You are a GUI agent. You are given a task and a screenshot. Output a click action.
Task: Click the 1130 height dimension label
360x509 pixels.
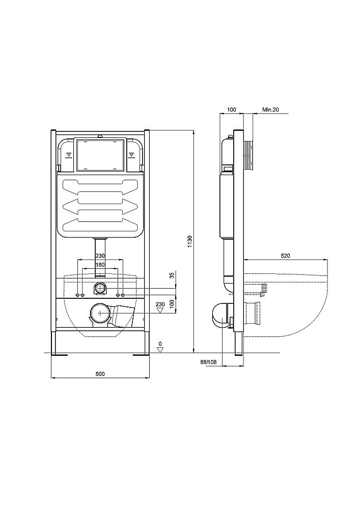coord(190,242)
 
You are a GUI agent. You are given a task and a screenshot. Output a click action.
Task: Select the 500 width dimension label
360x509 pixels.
coord(100,374)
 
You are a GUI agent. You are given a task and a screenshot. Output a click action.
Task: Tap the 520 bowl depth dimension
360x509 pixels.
coord(285,256)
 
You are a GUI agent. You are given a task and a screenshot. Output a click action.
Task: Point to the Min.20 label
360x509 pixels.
coord(270,110)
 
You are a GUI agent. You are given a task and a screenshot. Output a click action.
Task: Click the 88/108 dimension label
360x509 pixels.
coord(208,361)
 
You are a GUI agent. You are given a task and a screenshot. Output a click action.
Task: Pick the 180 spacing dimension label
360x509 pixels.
coord(100,265)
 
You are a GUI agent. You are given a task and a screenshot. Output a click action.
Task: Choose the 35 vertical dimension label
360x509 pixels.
coord(172,275)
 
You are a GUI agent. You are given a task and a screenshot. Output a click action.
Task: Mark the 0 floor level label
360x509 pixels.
coord(160,344)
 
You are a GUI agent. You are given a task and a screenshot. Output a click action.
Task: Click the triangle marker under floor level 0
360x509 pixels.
coord(160,350)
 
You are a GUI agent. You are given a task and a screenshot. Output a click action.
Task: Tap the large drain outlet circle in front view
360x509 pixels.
coord(100,313)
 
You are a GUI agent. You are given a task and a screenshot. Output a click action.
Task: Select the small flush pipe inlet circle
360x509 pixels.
coord(100,288)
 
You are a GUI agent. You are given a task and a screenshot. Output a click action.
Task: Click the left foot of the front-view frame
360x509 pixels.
coord(59,354)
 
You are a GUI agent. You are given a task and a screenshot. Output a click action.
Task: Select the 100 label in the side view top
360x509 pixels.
coord(232,110)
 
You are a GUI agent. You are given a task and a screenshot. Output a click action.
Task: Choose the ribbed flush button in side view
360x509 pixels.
coord(248,155)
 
